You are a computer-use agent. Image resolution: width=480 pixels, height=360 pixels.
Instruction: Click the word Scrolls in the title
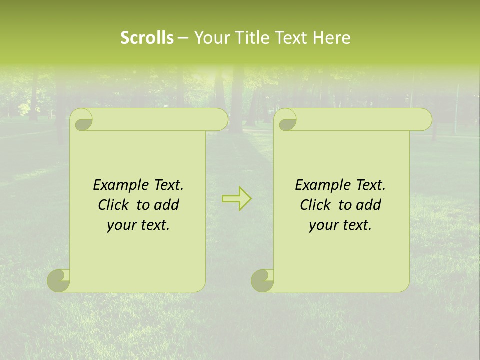click(x=147, y=38)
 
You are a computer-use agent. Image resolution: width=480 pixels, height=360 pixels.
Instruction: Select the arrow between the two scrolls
click(x=236, y=198)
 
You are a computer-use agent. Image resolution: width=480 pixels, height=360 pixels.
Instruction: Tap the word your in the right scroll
click(x=322, y=225)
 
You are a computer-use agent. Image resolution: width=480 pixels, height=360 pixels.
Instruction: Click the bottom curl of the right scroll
click(x=262, y=280)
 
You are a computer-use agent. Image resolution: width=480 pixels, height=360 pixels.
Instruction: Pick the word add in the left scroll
click(x=167, y=205)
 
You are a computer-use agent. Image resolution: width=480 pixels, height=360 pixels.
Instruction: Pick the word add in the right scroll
click(x=369, y=205)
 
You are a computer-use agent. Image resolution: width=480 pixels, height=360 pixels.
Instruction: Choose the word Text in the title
click(x=291, y=38)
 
